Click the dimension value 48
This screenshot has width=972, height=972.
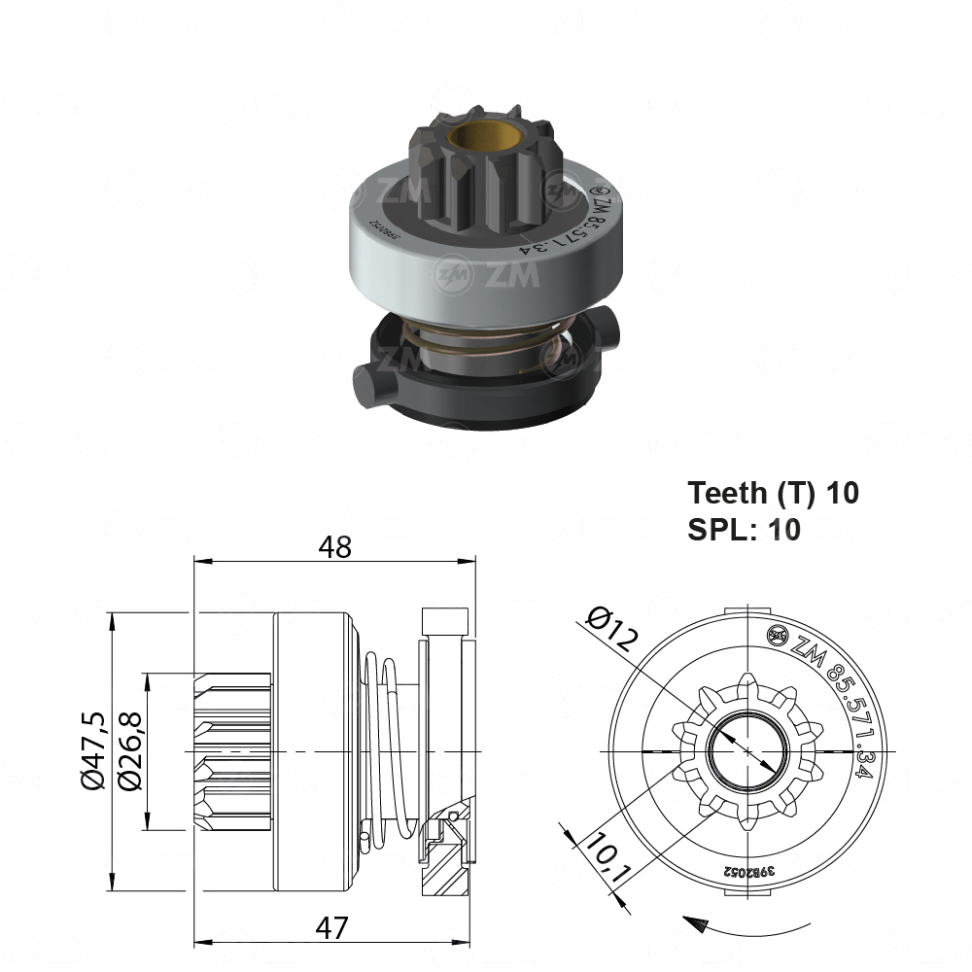336,547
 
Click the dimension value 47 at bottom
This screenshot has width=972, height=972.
332,928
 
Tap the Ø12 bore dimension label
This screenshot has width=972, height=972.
614,629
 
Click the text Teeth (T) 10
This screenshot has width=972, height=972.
773,493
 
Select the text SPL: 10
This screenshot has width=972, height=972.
745,530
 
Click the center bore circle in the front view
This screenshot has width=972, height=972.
746,751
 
